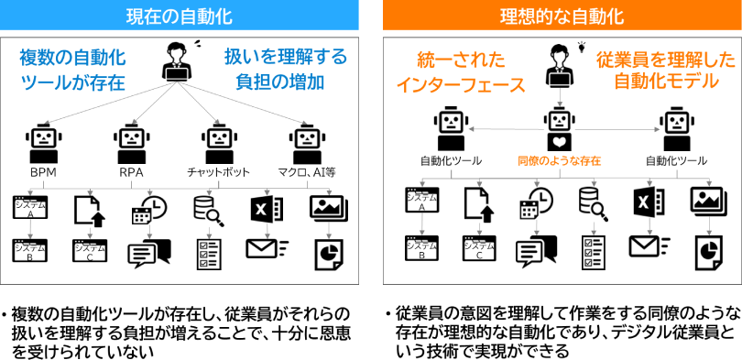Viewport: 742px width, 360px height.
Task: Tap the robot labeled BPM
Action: (44, 144)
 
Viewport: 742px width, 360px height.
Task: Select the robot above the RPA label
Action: (132, 144)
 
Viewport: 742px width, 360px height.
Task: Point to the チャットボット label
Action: (218, 172)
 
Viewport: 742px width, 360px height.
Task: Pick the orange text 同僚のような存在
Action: (560, 161)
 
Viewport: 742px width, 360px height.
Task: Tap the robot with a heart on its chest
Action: (561, 132)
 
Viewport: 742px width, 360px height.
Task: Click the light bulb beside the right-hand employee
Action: (582, 47)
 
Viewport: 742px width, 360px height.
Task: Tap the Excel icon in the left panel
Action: (267, 208)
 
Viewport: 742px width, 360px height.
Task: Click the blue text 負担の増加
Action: (280, 82)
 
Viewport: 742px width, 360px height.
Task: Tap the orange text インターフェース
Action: (461, 85)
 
